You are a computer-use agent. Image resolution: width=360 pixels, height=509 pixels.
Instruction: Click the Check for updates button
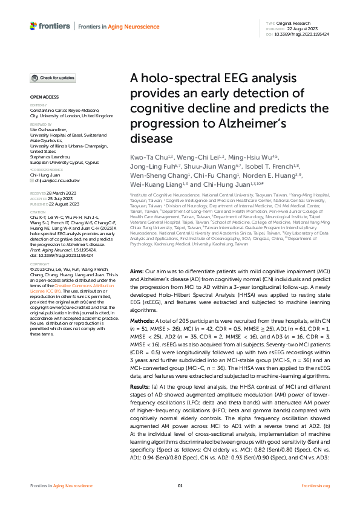(x=53, y=78)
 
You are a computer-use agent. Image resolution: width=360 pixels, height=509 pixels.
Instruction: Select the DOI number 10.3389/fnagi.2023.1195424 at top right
(x=303, y=34)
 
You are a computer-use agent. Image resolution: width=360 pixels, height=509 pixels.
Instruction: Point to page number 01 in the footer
(x=180, y=485)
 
